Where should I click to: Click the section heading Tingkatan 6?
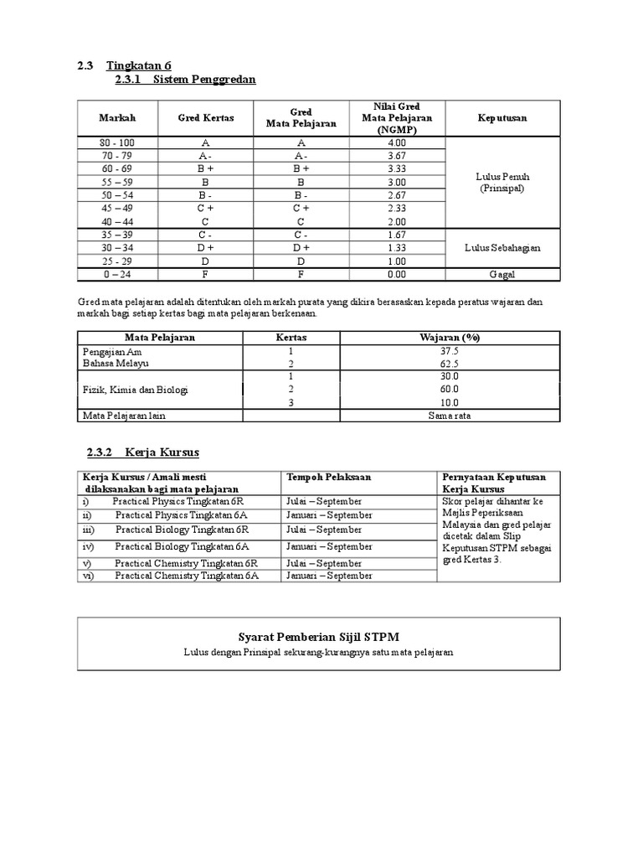(139, 65)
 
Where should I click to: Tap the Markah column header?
(117, 118)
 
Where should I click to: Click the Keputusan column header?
(502, 118)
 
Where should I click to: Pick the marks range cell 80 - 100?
(117, 143)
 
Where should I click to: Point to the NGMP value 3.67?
(397, 157)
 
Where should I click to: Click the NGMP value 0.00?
(397, 274)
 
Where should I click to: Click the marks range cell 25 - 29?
(117, 261)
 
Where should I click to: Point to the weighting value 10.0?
(450, 402)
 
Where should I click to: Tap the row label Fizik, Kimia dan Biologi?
(135, 390)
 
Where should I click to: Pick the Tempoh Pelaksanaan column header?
(321, 477)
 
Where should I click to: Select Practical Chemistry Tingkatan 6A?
(187, 576)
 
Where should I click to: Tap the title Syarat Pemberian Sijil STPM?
(319, 635)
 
